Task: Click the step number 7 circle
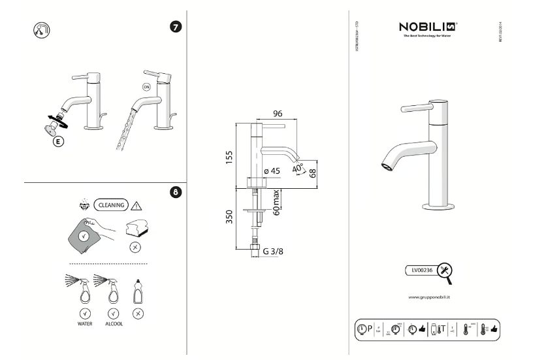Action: coord(176,29)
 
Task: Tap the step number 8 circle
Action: coord(176,193)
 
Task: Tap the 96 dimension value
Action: coord(277,114)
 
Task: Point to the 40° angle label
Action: coord(298,168)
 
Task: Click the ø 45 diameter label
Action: coord(272,172)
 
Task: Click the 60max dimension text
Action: coord(277,203)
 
